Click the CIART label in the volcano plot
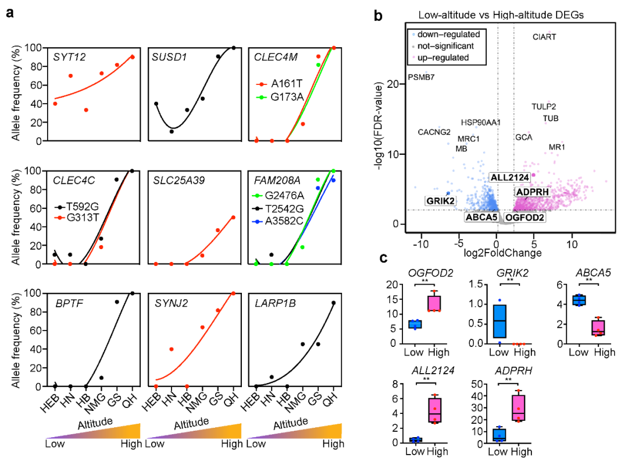coord(544,37)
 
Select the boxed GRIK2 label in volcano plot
coord(440,201)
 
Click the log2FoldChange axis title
coord(495,253)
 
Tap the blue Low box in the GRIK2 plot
coord(499,321)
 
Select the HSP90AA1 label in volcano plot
coord(481,122)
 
